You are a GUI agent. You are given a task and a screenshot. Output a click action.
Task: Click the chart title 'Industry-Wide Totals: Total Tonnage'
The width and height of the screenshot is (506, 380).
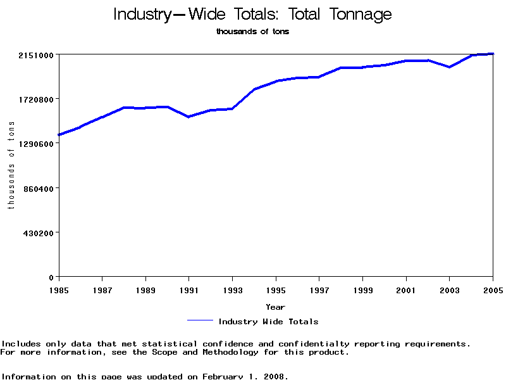(x=252, y=15)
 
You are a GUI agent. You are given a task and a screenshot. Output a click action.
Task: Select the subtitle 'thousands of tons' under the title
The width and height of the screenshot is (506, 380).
(x=252, y=32)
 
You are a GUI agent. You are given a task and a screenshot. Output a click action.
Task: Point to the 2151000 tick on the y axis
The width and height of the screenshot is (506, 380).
(x=35, y=55)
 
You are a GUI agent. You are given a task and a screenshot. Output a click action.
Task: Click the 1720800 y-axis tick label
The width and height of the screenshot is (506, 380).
(x=35, y=99)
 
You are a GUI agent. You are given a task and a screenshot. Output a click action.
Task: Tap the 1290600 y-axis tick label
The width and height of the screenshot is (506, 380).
(x=35, y=144)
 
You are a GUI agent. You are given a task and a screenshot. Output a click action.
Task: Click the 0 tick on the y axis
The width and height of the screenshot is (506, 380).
(x=51, y=277)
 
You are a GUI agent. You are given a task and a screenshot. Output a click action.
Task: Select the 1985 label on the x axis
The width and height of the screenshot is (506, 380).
(x=59, y=291)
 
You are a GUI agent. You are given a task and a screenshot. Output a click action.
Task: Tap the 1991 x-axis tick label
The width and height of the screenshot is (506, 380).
(x=189, y=291)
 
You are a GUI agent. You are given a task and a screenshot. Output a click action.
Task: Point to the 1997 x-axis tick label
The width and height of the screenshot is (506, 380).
(x=319, y=291)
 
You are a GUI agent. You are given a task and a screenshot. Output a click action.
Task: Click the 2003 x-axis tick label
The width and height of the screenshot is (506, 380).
(x=450, y=291)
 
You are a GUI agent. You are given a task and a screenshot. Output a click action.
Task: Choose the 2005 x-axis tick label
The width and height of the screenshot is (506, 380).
(x=492, y=291)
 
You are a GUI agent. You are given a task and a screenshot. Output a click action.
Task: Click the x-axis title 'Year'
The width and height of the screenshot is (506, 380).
(x=275, y=307)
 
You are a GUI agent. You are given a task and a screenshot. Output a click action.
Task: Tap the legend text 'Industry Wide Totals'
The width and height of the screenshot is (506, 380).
(x=268, y=322)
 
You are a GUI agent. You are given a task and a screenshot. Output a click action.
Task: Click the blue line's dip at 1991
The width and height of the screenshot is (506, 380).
(x=188, y=117)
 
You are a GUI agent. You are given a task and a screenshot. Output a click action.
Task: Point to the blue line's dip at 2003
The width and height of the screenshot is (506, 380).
(x=449, y=66)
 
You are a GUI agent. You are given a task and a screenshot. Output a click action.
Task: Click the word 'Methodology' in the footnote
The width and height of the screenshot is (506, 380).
(x=230, y=352)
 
